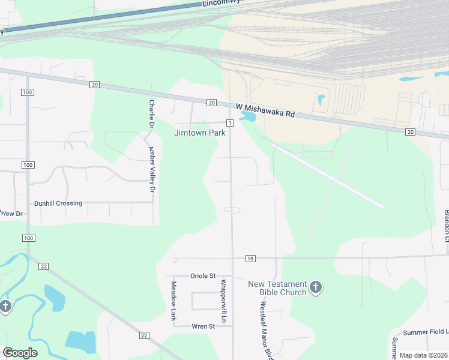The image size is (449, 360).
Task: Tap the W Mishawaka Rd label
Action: (265, 110)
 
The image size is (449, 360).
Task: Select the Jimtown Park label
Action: (200, 133)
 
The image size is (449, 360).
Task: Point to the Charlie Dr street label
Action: (152, 113)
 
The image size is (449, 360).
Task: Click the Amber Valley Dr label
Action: (152, 169)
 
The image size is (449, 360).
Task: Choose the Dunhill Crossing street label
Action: (58, 203)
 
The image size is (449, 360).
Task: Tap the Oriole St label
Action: (202, 275)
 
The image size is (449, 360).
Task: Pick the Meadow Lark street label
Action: (173, 301)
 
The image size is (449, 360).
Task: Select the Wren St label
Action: (203, 326)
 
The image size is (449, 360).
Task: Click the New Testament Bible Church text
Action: (277, 288)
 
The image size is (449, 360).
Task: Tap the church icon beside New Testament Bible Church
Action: (316, 287)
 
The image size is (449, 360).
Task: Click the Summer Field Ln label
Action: (426, 332)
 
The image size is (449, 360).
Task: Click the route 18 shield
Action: (250, 258)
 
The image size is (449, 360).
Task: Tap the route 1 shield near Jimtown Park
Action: (229, 122)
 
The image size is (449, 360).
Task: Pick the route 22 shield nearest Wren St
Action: (143, 335)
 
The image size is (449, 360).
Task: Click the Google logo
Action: (20, 353)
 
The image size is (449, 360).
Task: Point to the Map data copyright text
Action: (423, 355)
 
